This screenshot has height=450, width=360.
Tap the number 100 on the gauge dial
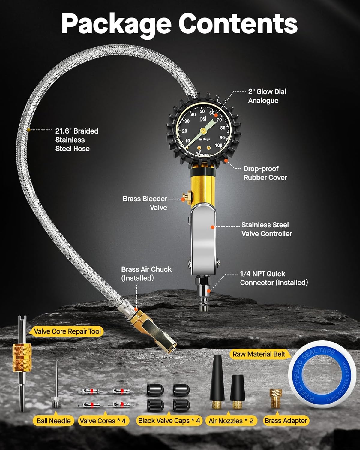pyautogui.click(x=219, y=145)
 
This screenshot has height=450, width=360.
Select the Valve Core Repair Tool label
pyautogui.click(x=67, y=331)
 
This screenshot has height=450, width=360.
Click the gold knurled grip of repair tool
pyautogui.click(x=22, y=357)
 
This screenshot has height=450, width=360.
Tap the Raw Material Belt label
pyautogui.click(x=259, y=354)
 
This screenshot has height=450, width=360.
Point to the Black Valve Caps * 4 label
pyautogui.click(x=169, y=421)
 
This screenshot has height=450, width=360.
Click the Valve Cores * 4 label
pyautogui.click(x=103, y=421)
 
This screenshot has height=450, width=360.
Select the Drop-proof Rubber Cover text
pyautogui.click(x=265, y=173)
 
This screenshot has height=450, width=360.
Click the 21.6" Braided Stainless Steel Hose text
pyautogui.click(x=76, y=140)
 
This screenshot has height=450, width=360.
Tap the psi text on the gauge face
pyautogui.click(x=203, y=119)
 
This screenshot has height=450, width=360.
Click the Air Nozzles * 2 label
pyautogui.click(x=231, y=421)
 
